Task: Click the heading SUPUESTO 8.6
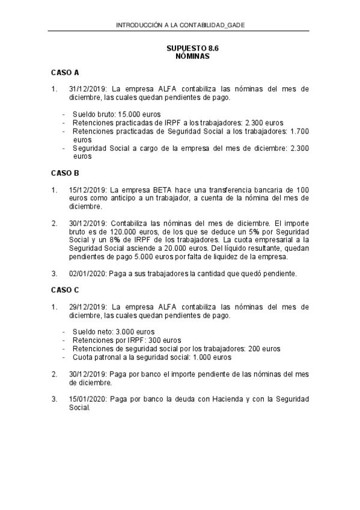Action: (x=188, y=48)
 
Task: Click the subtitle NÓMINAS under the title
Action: (x=188, y=56)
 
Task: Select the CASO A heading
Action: (x=65, y=73)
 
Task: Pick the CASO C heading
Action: (x=65, y=289)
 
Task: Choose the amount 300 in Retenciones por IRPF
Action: (x=137, y=340)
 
